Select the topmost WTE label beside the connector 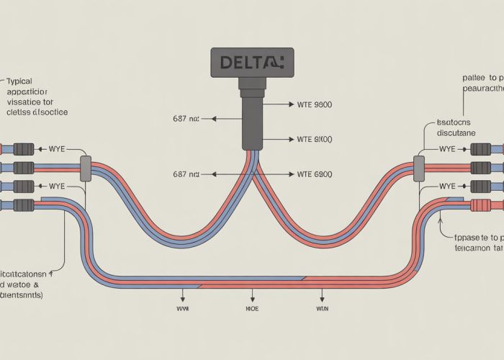315,104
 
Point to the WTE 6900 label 315,174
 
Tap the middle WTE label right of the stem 315,138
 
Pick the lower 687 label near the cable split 187,174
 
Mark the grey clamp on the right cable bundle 418,168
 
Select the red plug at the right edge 480,205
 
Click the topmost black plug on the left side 23,150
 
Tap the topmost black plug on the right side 481,150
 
